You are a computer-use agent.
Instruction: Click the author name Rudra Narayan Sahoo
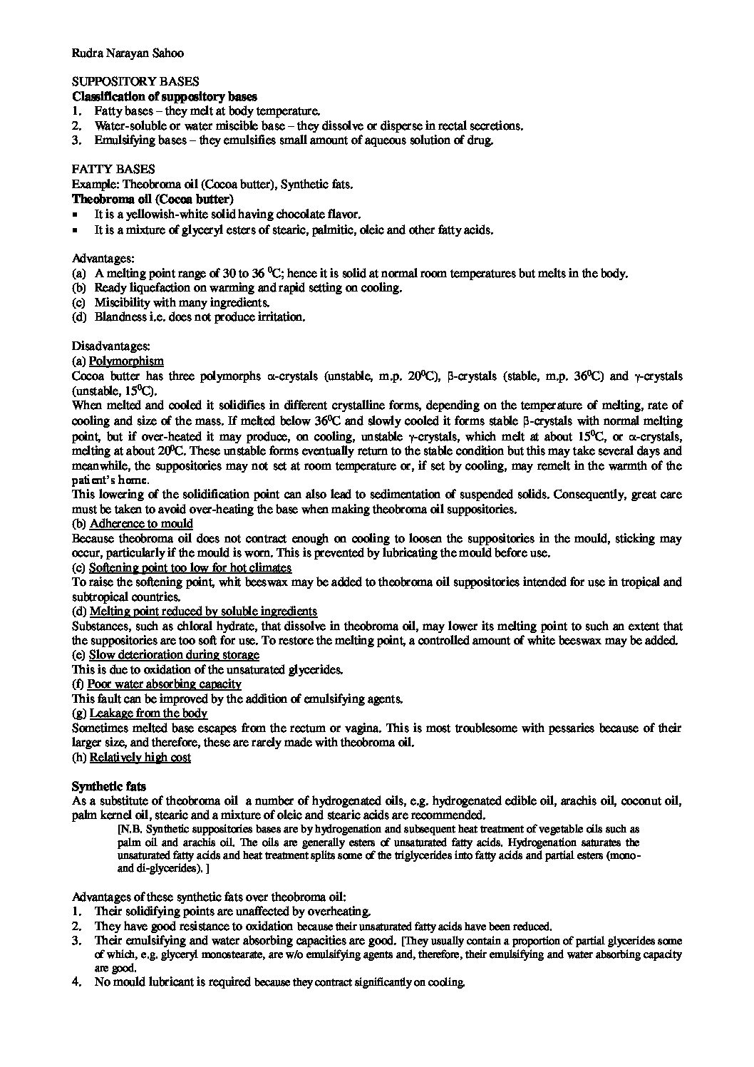coord(128,52)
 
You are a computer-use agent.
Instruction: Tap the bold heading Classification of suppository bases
coord(165,96)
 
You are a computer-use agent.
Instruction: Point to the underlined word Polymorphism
coord(126,361)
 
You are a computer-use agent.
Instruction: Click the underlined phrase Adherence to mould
coord(140,524)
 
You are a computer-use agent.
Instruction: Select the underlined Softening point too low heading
coord(190,567)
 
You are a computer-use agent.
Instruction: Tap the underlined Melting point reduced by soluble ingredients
coord(203,611)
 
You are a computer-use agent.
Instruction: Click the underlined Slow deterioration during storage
coord(174,654)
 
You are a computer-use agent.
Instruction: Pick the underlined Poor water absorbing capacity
coord(165,684)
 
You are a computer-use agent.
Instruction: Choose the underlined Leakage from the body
coord(148,713)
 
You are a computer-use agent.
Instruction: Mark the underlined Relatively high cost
coord(140,757)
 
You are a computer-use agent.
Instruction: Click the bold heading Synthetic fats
coord(109,786)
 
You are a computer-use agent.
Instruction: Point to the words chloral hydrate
coord(160,626)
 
